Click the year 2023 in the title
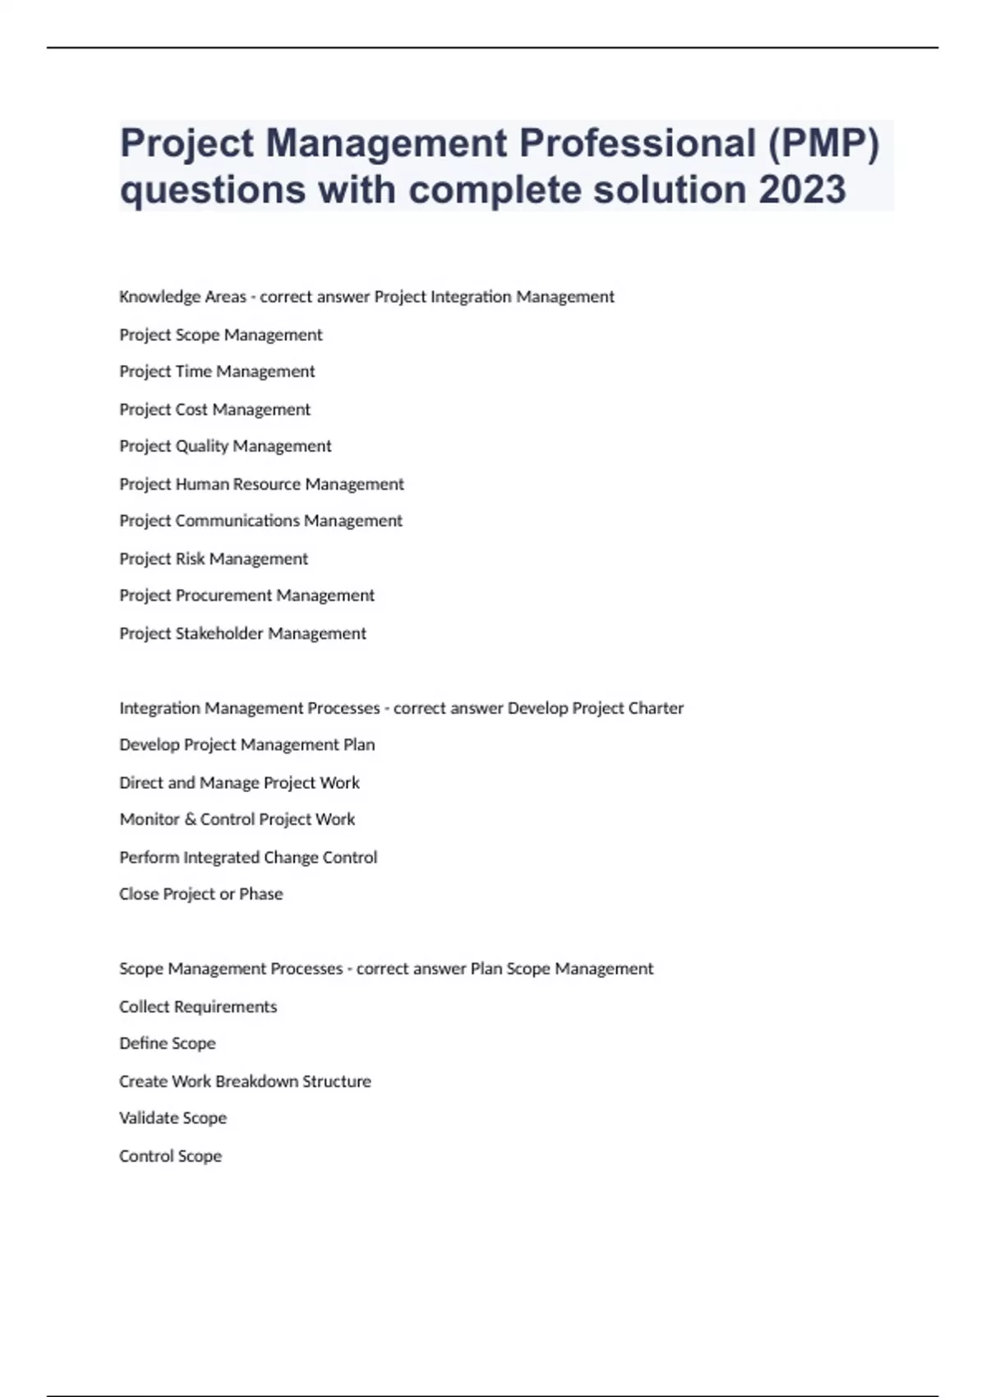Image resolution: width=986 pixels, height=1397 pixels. (802, 190)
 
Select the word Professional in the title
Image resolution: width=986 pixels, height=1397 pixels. (637, 143)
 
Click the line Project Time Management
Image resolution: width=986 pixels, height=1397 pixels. (217, 371)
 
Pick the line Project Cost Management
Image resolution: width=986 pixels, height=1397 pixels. (214, 409)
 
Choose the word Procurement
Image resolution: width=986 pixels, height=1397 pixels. (224, 596)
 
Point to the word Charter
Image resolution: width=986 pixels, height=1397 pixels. (656, 708)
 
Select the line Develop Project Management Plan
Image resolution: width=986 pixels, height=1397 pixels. (246, 745)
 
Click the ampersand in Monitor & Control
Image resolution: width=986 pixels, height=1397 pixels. (190, 819)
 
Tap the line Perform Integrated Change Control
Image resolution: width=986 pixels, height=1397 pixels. (248, 857)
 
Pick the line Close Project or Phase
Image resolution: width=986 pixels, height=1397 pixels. (200, 894)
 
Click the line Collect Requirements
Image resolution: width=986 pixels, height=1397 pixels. (198, 1007)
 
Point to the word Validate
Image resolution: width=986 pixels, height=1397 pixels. (150, 1118)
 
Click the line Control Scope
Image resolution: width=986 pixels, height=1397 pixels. (170, 1156)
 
